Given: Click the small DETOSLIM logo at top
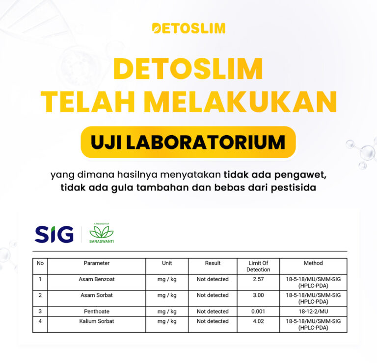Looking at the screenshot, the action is click(x=188, y=28).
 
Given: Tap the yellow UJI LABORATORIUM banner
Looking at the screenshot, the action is click(x=188, y=142).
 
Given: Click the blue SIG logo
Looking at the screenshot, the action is click(x=54, y=234).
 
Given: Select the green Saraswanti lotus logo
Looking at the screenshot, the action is click(x=102, y=233).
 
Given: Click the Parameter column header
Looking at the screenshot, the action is click(x=96, y=263).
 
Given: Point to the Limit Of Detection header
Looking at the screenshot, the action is click(x=258, y=266).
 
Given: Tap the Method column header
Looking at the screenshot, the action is click(x=313, y=263).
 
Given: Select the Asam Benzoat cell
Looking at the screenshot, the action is click(x=96, y=279).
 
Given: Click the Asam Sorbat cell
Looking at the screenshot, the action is click(x=96, y=295).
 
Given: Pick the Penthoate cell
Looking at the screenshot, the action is click(x=96, y=312).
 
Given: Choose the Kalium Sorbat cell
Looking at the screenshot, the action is click(x=96, y=321).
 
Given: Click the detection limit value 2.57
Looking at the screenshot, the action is click(x=258, y=279).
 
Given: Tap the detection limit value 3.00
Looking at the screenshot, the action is click(x=258, y=295).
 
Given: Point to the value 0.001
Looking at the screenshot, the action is click(x=258, y=312).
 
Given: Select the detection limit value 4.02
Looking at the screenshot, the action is click(x=258, y=321).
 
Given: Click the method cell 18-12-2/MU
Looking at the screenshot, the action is click(x=313, y=312).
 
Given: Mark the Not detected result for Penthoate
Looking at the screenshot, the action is click(x=213, y=312).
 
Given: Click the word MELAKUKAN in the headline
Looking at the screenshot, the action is click(x=240, y=101).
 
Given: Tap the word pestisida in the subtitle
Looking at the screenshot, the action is click(x=294, y=188).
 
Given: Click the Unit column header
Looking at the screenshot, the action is click(x=167, y=263).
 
